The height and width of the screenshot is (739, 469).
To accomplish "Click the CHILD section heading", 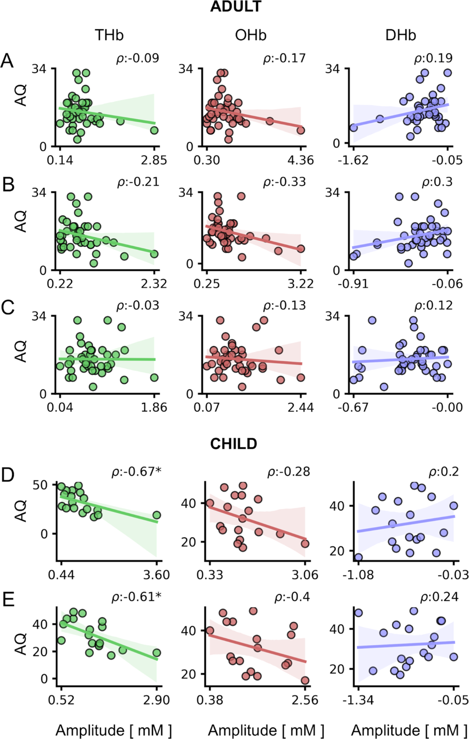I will [234, 444].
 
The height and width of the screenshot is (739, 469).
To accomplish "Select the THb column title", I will [109, 36].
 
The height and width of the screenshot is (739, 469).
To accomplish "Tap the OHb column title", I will [251, 36].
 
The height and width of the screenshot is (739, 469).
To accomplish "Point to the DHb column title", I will [401, 36].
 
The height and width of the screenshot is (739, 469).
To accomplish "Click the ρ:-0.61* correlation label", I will [136, 597].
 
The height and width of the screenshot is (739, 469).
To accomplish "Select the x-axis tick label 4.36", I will [301, 161].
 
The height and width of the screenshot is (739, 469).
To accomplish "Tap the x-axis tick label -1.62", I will [353, 161].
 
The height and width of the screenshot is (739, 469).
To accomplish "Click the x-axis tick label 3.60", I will [157, 575].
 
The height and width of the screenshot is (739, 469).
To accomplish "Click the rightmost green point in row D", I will [157, 515].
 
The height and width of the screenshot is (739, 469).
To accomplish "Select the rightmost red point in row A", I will [301, 130].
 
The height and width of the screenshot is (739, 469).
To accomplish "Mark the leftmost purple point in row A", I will [353, 128].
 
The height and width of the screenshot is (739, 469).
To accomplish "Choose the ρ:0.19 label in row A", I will [433, 59].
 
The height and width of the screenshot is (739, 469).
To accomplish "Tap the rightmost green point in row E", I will [157, 653].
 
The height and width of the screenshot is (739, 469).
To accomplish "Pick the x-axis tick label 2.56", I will [305, 700].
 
